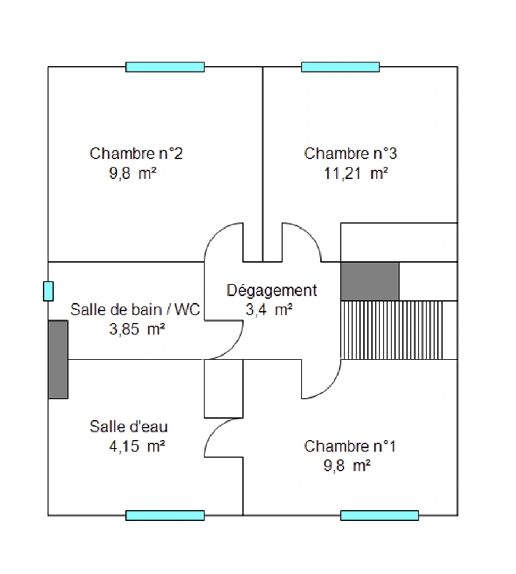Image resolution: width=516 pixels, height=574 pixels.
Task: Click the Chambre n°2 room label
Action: coord(136,154)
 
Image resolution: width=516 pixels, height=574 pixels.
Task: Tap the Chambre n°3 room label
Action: coord(351,154)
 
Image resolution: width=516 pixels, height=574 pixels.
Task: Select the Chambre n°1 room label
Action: coord(350,446)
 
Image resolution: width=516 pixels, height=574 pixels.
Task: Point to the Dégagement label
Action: coord(272,291)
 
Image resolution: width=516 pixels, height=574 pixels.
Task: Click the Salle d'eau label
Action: coord(129,426)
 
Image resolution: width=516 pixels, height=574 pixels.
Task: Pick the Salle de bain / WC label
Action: coord(135,310)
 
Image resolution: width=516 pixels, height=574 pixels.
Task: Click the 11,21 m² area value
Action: coord(356,173)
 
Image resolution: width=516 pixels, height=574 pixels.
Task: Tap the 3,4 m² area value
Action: coord(269,310)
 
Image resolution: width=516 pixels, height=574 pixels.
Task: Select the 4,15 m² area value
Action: coord(137,446)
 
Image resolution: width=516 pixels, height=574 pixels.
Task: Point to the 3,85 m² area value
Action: coord(137,330)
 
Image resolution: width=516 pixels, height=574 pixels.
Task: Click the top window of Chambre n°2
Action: coord(165,67)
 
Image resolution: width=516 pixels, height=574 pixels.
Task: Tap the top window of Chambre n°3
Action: coord(340,67)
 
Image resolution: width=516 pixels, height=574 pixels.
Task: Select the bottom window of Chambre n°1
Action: coord(379,516)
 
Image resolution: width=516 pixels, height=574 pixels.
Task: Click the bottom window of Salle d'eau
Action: coord(165,516)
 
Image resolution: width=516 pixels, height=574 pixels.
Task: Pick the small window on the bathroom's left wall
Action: coord(48,291)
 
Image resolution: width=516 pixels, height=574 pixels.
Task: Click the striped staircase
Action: coord(392,330)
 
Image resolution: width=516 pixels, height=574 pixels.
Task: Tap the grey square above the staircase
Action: coord(370,282)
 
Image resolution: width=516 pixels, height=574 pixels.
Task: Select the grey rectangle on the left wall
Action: coord(58,359)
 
